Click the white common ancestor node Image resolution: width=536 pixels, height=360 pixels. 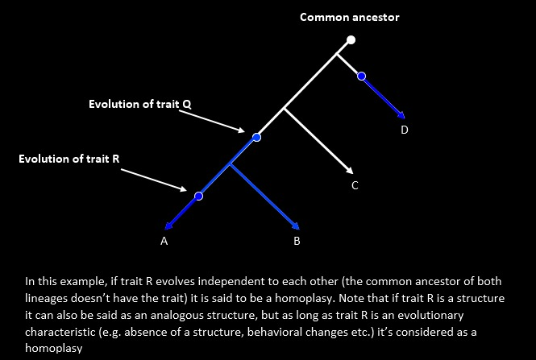coord(351,39)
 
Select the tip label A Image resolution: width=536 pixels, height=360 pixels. coord(164,241)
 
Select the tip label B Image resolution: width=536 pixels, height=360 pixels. coord(297,241)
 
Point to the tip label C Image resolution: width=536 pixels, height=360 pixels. coord(354,186)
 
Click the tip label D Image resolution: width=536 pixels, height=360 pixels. coord(404,130)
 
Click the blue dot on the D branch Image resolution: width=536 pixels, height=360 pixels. coord(362,76)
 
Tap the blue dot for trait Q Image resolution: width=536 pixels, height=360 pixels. coord(257,138)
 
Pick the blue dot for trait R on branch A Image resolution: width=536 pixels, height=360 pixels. coord(199,196)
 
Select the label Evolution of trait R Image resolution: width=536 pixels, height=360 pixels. coord(69,159)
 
